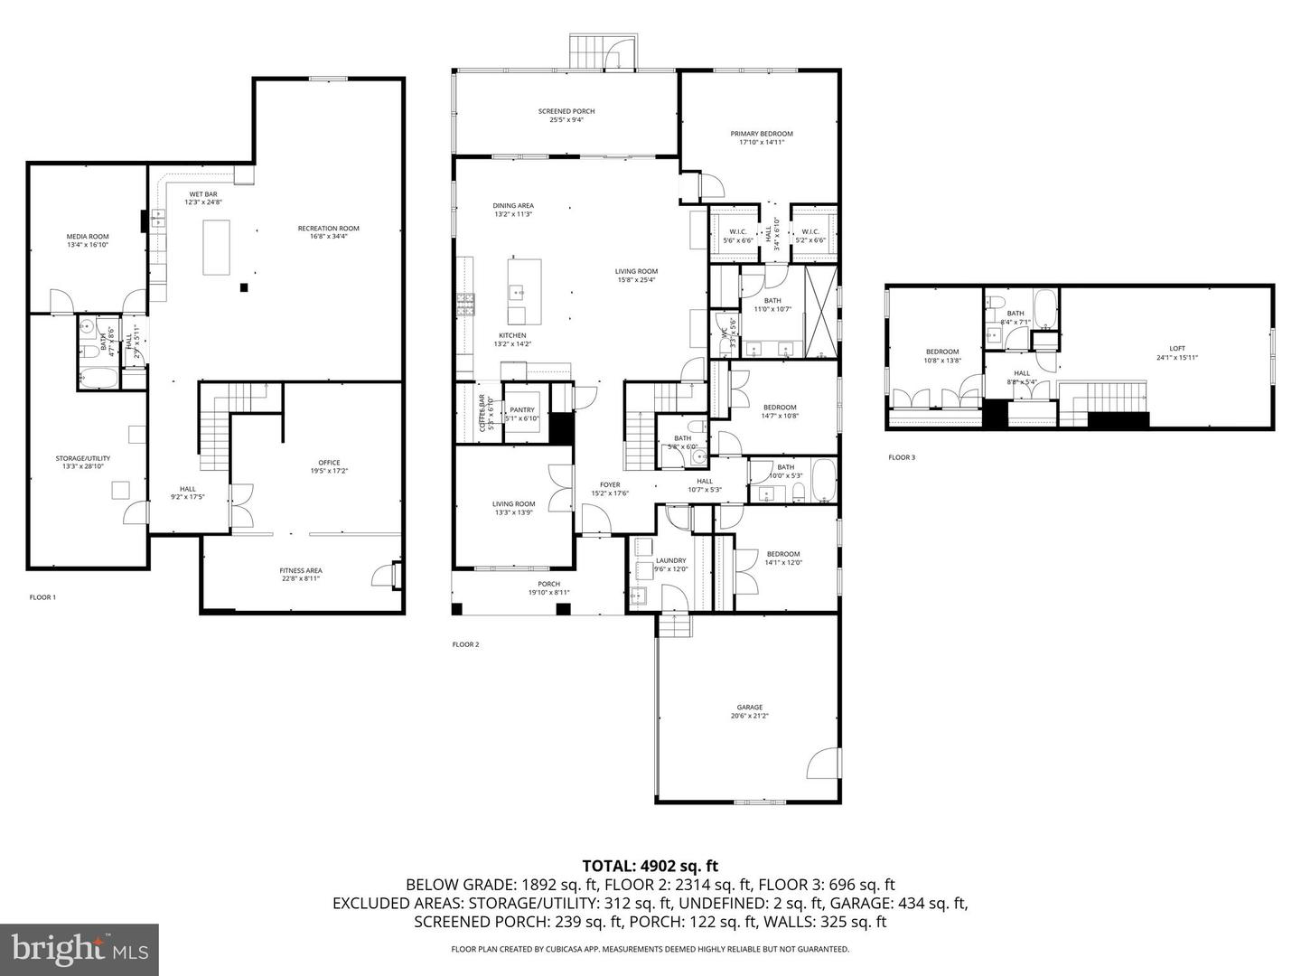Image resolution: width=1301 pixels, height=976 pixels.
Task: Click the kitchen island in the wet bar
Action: click(215, 247)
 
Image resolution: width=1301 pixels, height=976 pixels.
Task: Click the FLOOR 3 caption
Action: click(901, 457)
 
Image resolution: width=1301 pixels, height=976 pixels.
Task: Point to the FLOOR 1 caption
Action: click(42, 597)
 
